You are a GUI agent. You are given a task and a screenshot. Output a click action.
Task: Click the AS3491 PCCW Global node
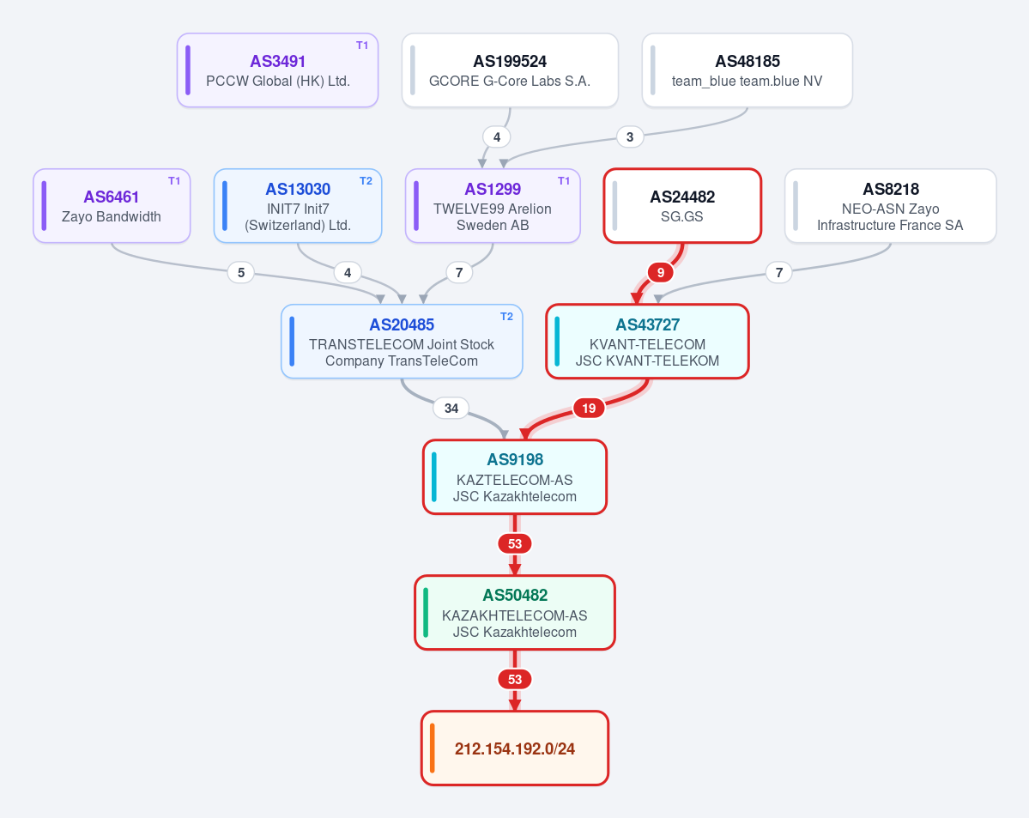[x=277, y=70]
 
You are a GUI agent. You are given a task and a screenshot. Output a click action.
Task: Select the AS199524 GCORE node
[x=510, y=70]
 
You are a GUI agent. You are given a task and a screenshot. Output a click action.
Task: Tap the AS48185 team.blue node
[x=748, y=70]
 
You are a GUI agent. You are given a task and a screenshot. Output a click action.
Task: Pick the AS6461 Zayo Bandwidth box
[x=112, y=206]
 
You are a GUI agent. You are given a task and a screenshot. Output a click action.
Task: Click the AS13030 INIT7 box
[x=298, y=206]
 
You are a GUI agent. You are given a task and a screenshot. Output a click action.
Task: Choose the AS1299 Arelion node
[x=493, y=206]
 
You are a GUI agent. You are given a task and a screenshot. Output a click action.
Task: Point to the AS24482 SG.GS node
[x=682, y=206]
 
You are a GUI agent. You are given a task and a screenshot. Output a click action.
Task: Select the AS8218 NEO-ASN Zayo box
[x=891, y=206]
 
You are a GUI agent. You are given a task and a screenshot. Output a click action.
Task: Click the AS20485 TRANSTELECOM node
[x=402, y=342]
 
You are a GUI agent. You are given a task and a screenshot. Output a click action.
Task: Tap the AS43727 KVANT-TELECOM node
[x=648, y=342]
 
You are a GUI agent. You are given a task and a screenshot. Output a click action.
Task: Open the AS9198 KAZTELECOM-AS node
[x=515, y=477]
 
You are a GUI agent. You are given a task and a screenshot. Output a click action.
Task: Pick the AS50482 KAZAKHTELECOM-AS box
[x=515, y=613]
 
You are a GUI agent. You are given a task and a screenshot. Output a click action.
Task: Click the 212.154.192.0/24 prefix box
[x=515, y=748]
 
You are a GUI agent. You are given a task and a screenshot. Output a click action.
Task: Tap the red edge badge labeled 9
[x=661, y=272]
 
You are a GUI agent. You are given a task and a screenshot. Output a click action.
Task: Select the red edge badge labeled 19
[x=590, y=409]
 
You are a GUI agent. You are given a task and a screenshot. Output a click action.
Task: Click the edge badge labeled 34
[x=451, y=409]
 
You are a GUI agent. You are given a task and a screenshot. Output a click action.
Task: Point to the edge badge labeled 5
[x=241, y=272]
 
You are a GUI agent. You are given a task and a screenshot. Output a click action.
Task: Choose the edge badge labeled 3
[x=630, y=137]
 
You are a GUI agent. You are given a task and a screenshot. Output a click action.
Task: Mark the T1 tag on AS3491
[x=362, y=45]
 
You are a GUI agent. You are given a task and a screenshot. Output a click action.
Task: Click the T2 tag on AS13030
[x=366, y=181]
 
